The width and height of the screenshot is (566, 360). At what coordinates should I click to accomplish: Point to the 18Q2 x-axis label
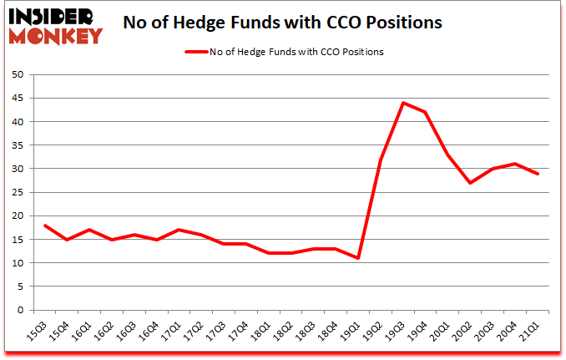(288, 332)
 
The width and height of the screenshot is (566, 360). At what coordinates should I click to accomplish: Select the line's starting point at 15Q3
(44, 226)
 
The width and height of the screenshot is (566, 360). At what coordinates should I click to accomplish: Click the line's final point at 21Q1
(539, 174)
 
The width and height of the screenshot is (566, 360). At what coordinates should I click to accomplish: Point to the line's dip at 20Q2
(471, 183)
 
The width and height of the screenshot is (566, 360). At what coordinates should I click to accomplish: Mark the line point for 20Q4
(517, 164)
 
